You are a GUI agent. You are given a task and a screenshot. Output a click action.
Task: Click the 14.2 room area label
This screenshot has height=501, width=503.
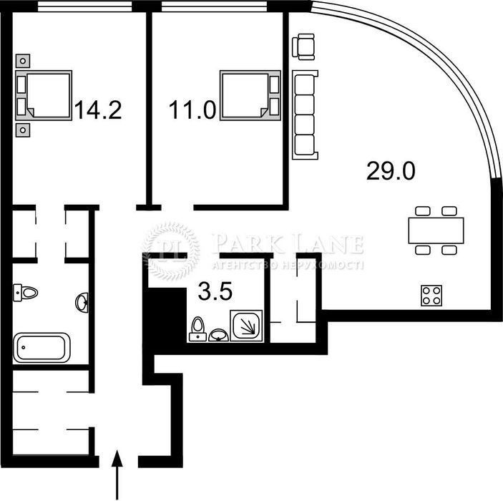coord(98,110)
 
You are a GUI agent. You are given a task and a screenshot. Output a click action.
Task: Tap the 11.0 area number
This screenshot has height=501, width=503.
coord(192,110)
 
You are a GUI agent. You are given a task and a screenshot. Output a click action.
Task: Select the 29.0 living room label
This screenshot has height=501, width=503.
coord(391,171)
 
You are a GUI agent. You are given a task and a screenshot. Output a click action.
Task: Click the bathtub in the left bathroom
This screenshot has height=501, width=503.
coord(41,348)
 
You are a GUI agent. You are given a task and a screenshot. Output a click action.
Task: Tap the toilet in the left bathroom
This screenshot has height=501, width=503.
coord(25,293)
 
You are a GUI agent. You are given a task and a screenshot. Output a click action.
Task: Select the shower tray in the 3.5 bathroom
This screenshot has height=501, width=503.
coord(246,326)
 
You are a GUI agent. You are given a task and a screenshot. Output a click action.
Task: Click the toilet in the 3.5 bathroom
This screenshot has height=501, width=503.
coord(197,329)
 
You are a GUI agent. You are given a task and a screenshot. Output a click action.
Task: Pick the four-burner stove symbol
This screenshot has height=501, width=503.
coord(431,296)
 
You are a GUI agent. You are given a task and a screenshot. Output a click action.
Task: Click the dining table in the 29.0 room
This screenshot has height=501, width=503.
coord(436,230)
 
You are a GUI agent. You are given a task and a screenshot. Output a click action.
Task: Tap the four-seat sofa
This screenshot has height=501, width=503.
coord(305,115)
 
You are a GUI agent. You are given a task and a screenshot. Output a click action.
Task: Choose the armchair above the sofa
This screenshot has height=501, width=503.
coord(303,47)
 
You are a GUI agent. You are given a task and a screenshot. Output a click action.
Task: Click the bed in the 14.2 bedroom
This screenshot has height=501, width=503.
coord(44,96)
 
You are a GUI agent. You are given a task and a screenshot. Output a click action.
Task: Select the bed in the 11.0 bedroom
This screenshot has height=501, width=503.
coord(250,96)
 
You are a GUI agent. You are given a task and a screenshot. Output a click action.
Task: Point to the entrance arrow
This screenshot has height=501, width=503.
coord(117,475)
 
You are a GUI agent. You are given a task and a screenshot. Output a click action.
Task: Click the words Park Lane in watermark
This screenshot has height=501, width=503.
coord(288,244)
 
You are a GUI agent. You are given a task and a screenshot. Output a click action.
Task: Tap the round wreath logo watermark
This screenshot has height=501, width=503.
coord(171,251)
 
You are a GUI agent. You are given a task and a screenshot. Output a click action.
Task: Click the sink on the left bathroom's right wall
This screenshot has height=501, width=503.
coord(82,302)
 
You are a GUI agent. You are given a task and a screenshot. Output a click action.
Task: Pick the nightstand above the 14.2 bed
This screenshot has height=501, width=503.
coord(23,61)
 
